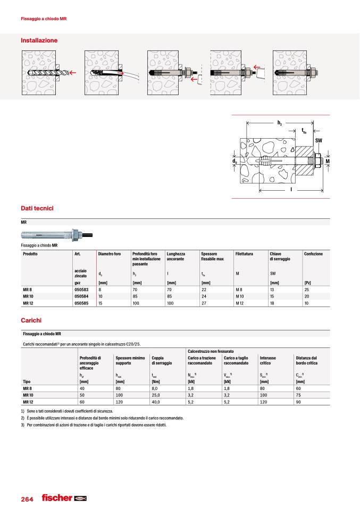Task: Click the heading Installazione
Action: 39,40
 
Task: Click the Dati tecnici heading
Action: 38,209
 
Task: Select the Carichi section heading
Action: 31,321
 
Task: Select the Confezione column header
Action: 314,254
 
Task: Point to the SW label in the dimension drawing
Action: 319,140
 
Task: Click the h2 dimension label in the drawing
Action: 280,123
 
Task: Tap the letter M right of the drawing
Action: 328,161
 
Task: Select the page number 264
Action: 27,499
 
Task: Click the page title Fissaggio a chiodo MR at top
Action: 44,19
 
